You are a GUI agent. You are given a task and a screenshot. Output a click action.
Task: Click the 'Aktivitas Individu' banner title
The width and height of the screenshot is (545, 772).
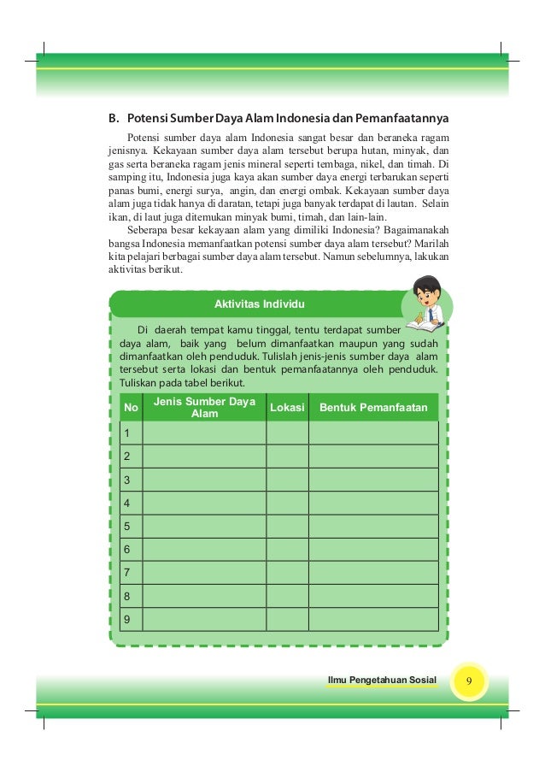(x=261, y=304)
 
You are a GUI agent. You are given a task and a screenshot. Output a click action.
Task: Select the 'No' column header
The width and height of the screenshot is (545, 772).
(x=131, y=408)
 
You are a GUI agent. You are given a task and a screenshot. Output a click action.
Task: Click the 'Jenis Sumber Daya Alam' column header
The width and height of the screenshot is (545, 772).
(x=204, y=408)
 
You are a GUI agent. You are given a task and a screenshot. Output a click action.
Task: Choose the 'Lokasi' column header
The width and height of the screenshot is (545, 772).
(x=287, y=408)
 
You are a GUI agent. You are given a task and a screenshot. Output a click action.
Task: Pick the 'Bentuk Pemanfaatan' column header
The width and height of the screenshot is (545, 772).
(x=373, y=408)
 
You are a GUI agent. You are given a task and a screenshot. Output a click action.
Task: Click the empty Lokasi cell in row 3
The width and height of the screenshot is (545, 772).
(x=287, y=480)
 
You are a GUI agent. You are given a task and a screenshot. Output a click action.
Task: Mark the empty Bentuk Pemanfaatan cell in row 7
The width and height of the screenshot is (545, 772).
(x=373, y=572)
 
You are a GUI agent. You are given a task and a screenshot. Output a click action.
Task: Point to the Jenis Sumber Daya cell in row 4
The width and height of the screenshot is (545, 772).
(x=204, y=503)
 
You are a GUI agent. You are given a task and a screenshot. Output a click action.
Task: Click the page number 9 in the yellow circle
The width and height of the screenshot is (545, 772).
(x=469, y=681)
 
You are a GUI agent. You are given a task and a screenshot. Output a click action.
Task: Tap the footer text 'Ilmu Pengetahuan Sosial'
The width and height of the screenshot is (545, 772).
(x=382, y=681)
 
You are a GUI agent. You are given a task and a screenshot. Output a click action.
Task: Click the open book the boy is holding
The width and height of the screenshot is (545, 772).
(x=421, y=325)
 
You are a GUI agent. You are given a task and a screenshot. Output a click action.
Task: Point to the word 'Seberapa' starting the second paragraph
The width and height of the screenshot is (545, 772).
(x=147, y=229)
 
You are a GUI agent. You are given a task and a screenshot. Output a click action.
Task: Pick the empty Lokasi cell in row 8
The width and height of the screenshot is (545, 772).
(x=287, y=595)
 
